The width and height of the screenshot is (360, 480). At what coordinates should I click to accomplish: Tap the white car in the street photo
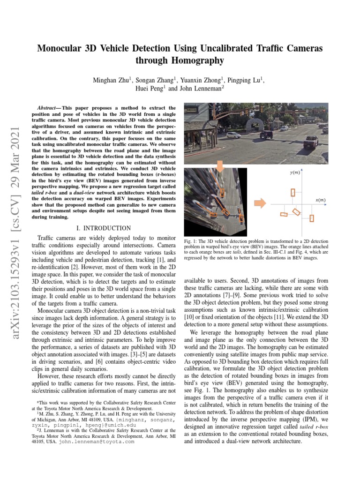233,135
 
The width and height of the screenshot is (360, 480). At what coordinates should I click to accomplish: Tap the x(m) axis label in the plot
320,200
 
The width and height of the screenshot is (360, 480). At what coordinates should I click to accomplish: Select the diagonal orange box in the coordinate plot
296,212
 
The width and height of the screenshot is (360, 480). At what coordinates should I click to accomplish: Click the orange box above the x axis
293,192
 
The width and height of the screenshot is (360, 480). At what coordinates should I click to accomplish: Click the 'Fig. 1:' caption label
191,240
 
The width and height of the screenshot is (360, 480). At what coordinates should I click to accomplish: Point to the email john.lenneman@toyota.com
96,441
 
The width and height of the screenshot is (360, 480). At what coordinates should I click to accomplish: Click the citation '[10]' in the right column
189,317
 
